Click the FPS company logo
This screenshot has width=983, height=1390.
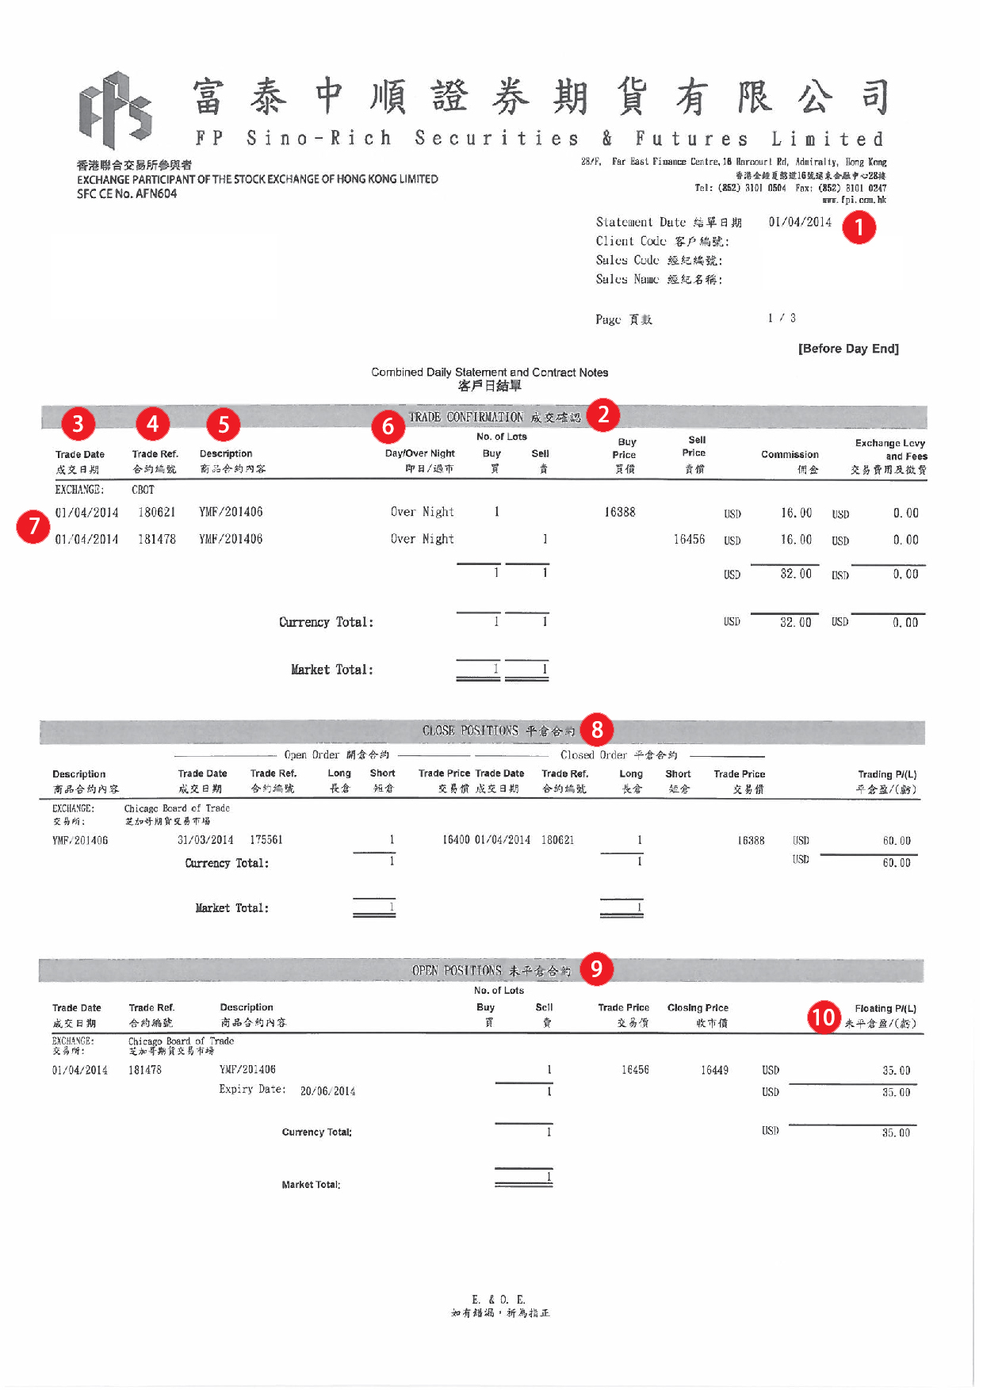(x=116, y=110)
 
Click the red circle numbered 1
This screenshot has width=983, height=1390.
(x=859, y=227)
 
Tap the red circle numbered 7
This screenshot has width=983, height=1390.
(x=33, y=526)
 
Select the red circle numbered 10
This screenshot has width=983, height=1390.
(x=824, y=1016)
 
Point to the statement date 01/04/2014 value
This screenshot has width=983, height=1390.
(x=800, y=222)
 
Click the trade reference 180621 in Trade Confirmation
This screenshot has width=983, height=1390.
(x=156, y=513)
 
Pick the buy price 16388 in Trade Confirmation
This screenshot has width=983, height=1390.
(x=619, y=513)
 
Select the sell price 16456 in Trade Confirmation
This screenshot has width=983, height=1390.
(x=689, y=540)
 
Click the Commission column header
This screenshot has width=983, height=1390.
(x=790, y=455)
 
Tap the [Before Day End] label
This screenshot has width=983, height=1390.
(x=848, y=349)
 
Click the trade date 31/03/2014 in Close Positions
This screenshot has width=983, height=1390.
(x=205, y=840)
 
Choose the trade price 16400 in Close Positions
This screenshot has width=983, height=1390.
(x=456, y=840)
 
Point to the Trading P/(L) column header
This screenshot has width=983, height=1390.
(x=887, y=774)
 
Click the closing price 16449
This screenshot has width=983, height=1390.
(x=714, y=1071)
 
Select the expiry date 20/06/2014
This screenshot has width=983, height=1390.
(x=327, y=1091)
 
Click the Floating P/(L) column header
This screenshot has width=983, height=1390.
(x=885, y=1009)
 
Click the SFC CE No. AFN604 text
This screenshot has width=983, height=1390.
(x=127, y=194)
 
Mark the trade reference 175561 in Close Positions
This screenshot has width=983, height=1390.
(x=266, y=840)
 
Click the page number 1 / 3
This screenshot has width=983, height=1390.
(x=782, y=319)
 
